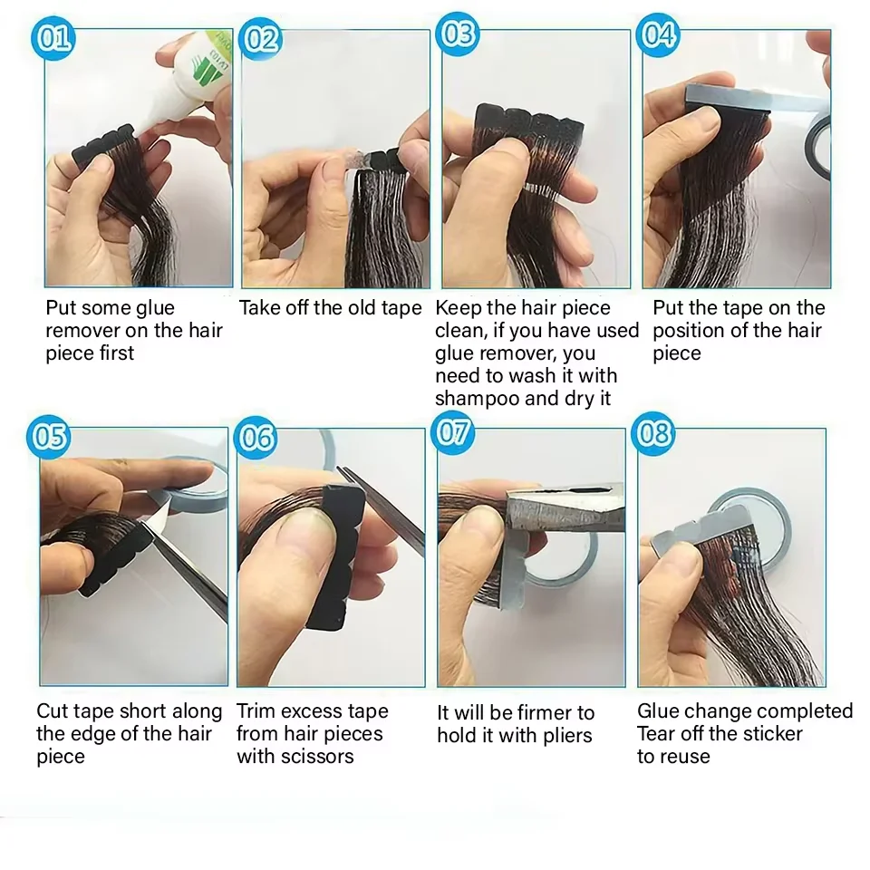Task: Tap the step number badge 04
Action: tap(658, 34)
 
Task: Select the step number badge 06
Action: tap(257, 439)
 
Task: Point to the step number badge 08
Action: tap(653, 434)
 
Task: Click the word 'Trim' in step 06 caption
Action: tap(256, 711)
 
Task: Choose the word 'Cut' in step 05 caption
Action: tap(53, 711)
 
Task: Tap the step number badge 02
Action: tap(260, 40)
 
